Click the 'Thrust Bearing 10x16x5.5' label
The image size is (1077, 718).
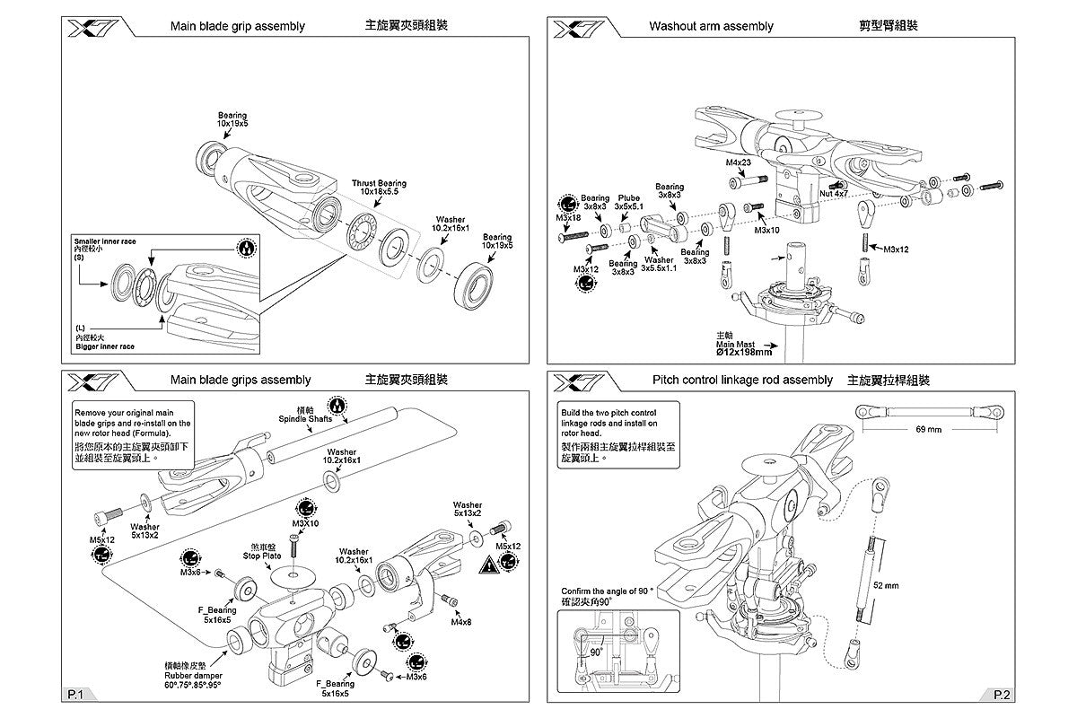[379, 187]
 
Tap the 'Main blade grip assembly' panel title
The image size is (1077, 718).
[238, 26]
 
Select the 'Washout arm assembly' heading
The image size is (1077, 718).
[711, 26]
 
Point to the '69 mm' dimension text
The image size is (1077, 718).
[929, 429]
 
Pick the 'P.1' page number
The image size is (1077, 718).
[75, 694]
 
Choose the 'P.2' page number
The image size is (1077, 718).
[1003, 694]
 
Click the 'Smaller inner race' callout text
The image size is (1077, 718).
[104, 241]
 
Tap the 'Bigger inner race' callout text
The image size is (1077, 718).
[105, 346]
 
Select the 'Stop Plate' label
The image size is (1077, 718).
[262, 556]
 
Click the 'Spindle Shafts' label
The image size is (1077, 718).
[305, 419]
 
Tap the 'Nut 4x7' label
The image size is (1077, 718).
[834, 193]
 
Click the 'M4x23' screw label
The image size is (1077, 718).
[739, 163]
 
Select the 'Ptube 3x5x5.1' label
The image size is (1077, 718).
[628, 202]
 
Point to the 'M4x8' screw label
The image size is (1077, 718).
[462, 622]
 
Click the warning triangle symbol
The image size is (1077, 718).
[490, 565]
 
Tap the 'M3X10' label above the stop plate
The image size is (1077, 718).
[305, 523]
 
